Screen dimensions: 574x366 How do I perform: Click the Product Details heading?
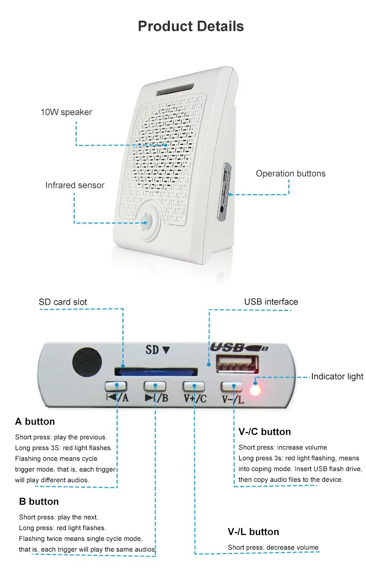click(191, 26)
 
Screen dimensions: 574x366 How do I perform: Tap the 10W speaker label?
click(66, 112)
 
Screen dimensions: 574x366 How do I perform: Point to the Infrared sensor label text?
click(75, 185)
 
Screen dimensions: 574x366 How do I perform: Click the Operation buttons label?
click(290, 173)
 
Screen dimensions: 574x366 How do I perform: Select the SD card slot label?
click(63, 302)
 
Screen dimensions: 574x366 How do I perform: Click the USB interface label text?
click(271, 302)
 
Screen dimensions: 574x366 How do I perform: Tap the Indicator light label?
click(337, 376)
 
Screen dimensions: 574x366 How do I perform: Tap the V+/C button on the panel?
click(194, 386)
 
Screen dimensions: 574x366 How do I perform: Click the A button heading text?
click(35, 421)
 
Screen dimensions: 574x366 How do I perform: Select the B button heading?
click(39, 501)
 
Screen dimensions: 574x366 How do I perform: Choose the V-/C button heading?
click(264, 431)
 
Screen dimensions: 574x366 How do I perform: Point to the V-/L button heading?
click(253, 532)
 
